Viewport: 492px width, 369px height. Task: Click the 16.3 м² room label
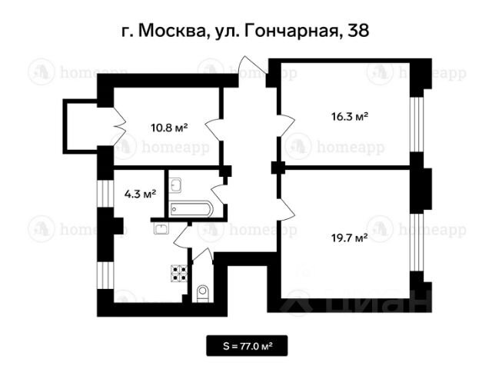350,117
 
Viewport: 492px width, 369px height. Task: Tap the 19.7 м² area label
350,238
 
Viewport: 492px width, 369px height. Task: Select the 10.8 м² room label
169,128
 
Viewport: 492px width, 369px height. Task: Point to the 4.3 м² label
140,194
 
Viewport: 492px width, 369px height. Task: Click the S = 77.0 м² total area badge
247,346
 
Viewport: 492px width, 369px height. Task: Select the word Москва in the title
171,31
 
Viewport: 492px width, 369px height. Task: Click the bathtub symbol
191,209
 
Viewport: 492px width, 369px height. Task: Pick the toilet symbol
203,294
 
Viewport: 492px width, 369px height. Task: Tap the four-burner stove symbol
179,274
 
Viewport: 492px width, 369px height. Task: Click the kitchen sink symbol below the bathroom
161,228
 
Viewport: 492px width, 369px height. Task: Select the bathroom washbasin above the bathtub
175,185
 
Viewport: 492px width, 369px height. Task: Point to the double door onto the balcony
119,126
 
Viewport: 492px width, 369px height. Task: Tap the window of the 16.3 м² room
417,125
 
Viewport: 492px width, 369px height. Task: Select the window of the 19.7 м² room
417,243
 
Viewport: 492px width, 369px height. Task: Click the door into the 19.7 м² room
286,209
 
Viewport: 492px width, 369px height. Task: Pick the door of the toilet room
203,254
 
